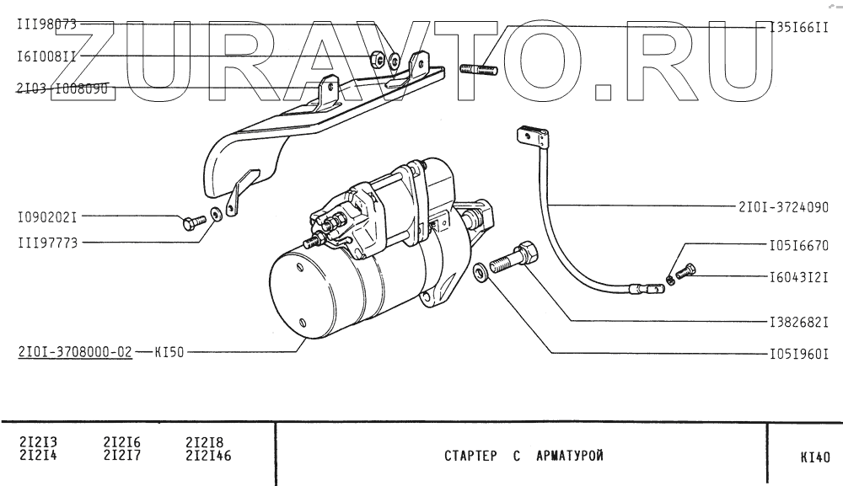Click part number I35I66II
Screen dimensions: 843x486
tap(798, 27)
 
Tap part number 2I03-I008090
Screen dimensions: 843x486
tap(63, 88)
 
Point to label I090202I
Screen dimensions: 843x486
tap(46, 216)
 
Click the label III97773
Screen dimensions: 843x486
tap(46, 242)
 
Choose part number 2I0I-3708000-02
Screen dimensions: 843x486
tap(74, 352)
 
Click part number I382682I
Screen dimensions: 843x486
tap(798, 322)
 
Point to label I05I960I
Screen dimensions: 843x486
tap(798, 354)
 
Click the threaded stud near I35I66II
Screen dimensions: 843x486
tap(480, 69)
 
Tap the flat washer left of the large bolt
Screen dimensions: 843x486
tap(481, 273)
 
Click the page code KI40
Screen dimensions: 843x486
tap(814, 458)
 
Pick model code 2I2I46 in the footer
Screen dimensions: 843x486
tap(207, 457)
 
